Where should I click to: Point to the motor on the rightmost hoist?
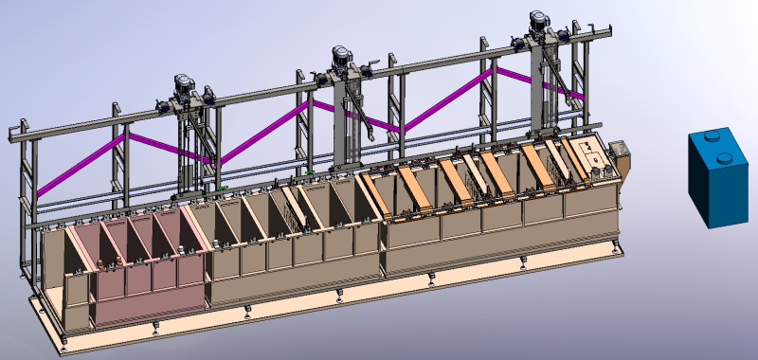540,20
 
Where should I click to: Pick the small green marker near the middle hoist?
310,172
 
